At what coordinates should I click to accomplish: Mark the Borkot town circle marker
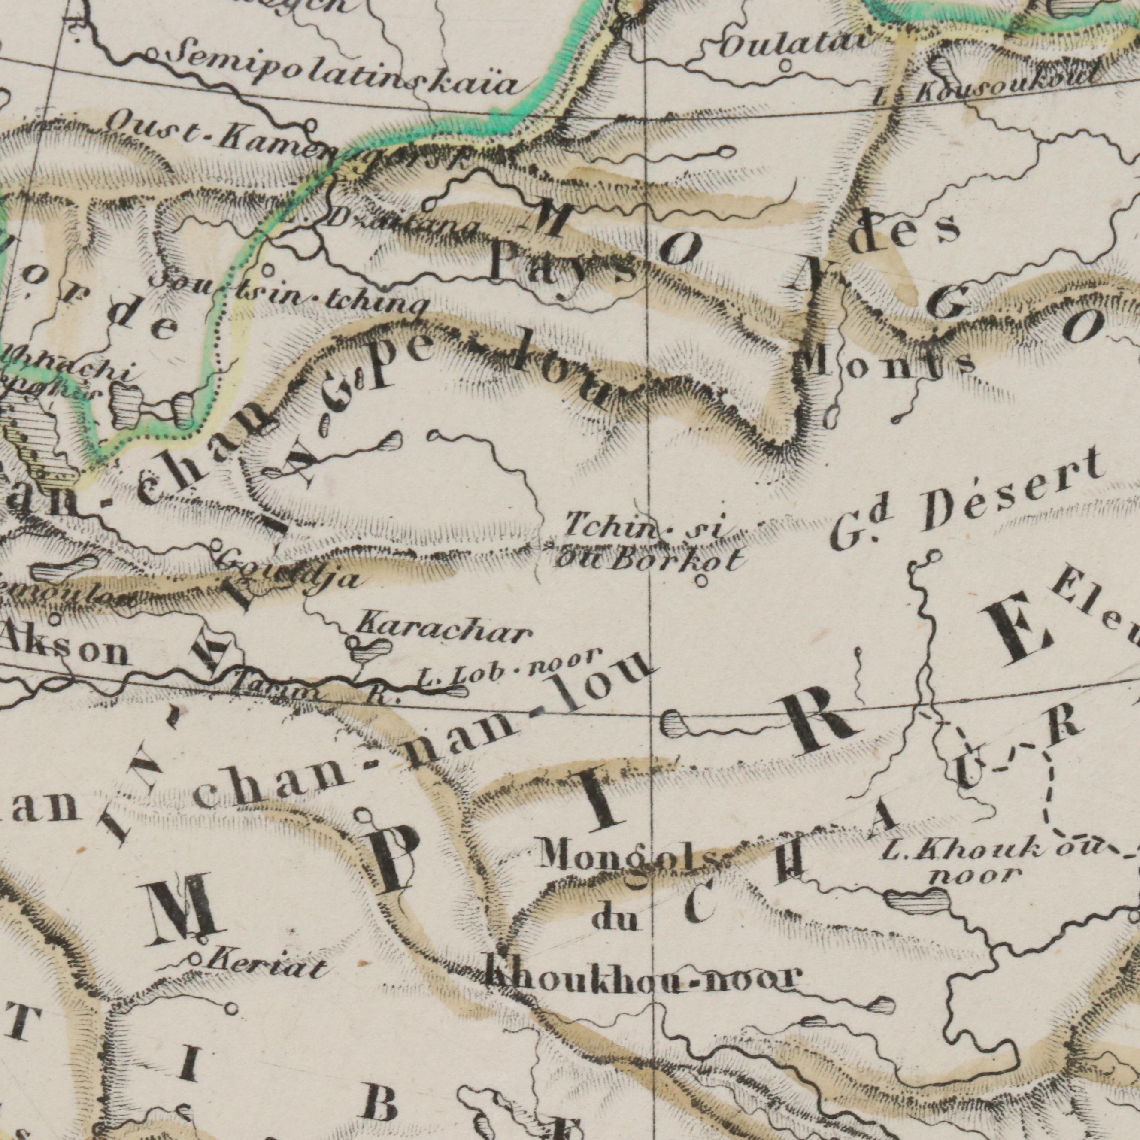[x=702, y=582]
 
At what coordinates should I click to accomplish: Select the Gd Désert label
[x=968, y=502]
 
